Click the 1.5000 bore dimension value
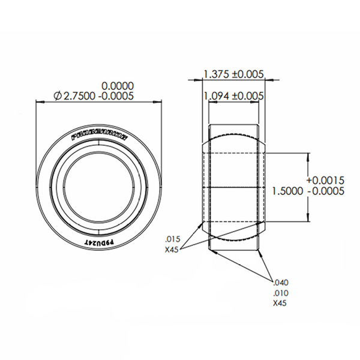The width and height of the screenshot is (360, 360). [x=286, y=190]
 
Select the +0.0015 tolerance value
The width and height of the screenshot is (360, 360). [x=325, y=180]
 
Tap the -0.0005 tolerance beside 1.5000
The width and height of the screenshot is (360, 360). [x=325, y=190]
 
